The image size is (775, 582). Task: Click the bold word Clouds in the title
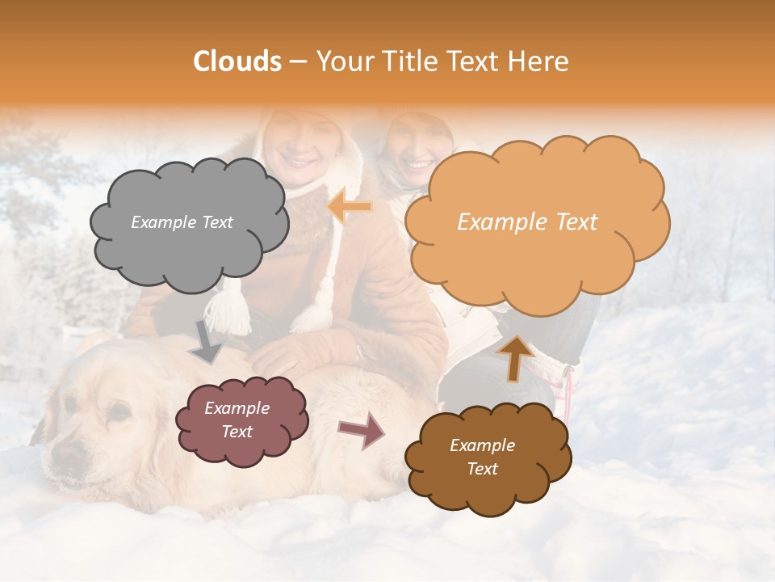(237, 61)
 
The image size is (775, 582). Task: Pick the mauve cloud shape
(240, 421)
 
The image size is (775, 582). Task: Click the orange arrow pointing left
(350, 208)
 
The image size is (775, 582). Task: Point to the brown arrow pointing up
(516, 356)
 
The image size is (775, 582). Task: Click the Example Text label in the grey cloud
(182, 222)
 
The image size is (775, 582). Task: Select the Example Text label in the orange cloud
(527, 222)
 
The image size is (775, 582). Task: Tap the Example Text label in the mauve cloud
(237, 420)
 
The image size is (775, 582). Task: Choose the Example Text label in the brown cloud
(482, 457)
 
